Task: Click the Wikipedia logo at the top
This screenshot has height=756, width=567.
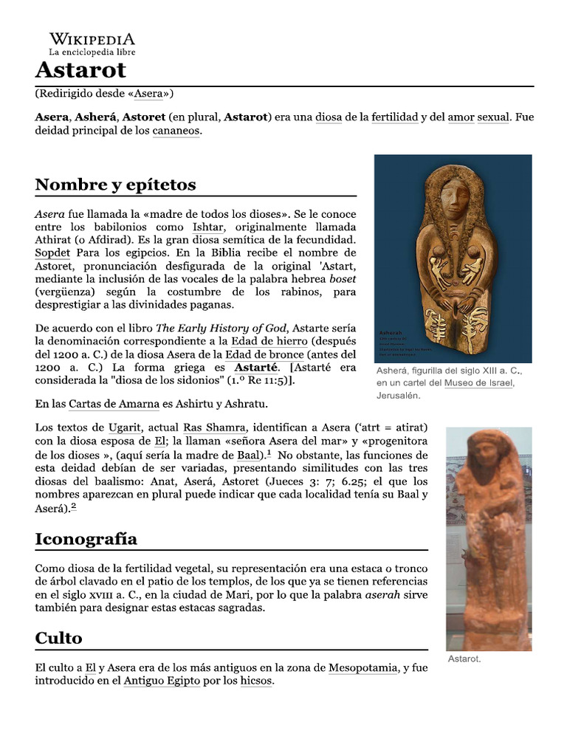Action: (x=92, y=44)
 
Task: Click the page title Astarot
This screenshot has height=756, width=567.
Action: (x=81, y=70)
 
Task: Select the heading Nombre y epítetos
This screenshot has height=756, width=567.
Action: (x=115, y=184)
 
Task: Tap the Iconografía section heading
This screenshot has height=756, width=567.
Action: (x=86, y=539)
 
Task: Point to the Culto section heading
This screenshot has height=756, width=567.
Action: (x=58, y=638)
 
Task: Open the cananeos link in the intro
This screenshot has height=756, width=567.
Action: (x=176, y=131)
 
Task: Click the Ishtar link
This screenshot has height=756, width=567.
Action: (x=207, y=227)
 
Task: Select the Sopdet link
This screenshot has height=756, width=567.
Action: (x=52, y=253)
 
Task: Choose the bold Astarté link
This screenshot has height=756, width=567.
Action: (x=256, y=367)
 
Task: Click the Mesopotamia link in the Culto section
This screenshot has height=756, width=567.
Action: (x=363, y=668)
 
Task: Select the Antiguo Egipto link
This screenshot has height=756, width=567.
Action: (x=162, y=681)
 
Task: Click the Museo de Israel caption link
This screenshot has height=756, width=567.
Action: (x=478, y=382)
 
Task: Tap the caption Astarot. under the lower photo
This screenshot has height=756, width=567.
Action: (x=464, y=659)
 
